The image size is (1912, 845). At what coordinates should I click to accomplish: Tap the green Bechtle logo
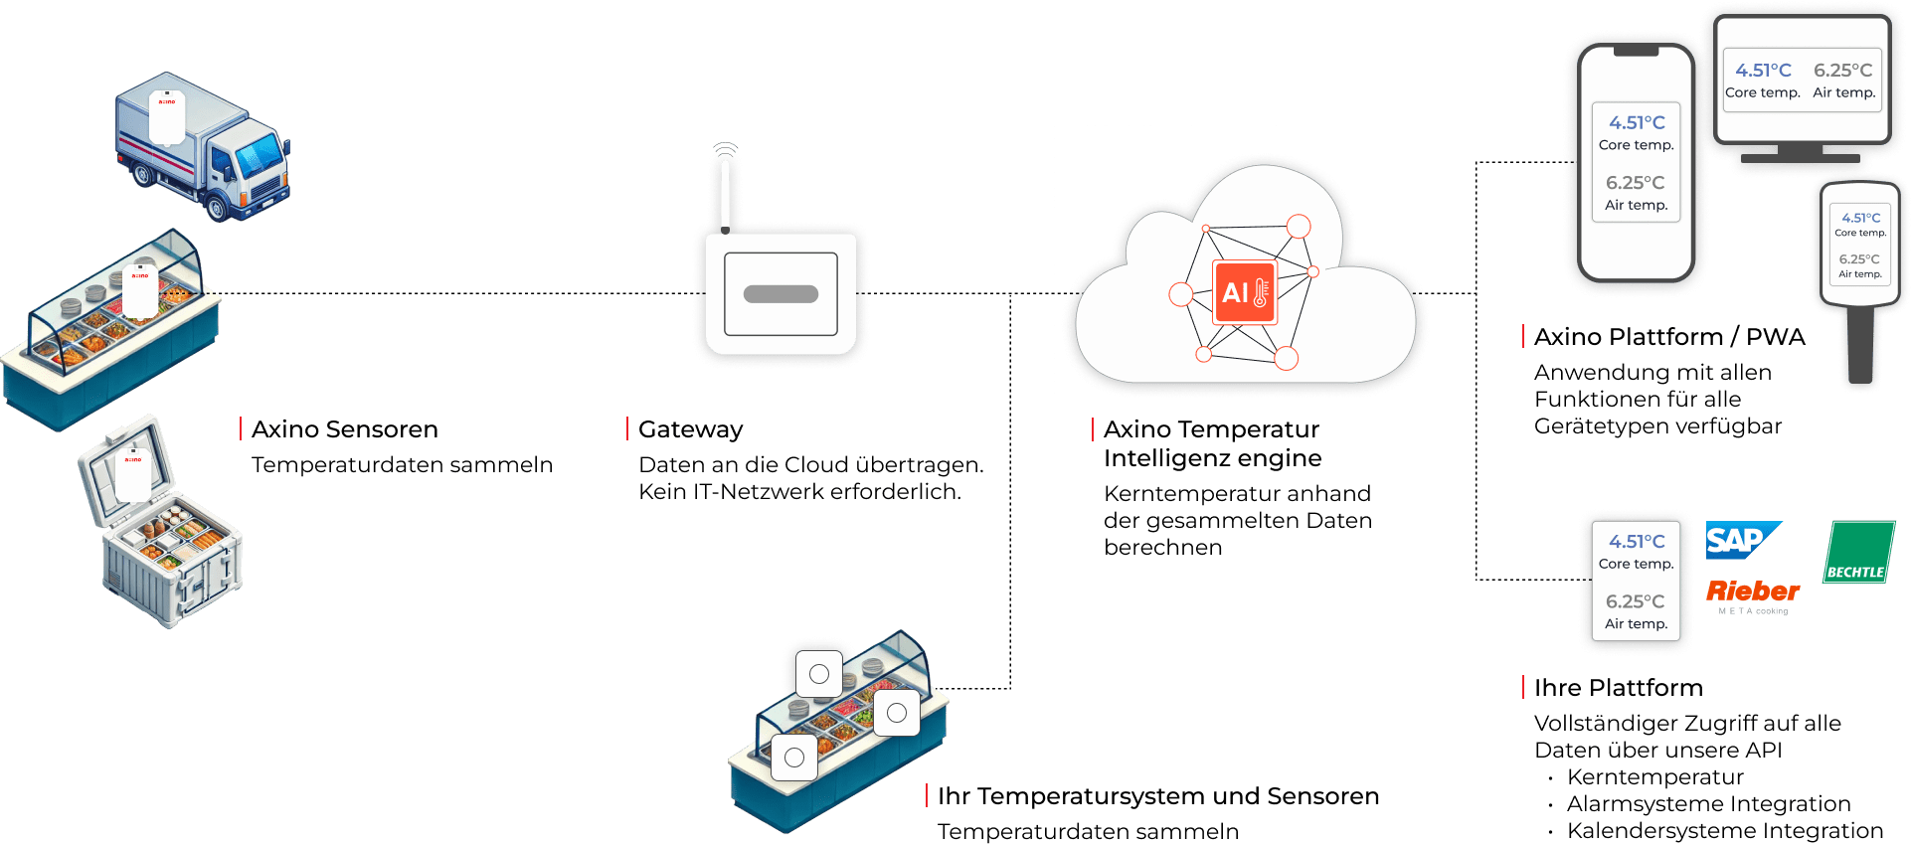[x=1858, y=552]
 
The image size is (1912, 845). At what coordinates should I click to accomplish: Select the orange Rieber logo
[x=1753, y=591]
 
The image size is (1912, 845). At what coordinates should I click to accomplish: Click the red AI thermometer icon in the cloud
[x=1245, y=292]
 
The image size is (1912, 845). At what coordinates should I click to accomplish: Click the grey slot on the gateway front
[x=781, y=294]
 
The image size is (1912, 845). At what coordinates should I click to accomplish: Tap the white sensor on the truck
[x=167, y=117]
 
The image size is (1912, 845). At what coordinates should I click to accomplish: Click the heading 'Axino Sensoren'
[x=345, y=429]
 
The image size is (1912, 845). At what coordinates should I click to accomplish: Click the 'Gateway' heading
[x=691, y=429]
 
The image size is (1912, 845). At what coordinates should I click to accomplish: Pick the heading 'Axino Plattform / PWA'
[x=1669, y=337]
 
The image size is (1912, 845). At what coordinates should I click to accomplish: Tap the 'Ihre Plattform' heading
[x=1618, y=688]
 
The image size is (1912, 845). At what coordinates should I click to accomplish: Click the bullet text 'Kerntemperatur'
[x=1654, y=777]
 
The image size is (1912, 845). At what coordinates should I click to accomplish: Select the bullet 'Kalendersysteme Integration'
[x=1724, y=831]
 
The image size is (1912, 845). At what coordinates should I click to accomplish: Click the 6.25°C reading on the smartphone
[x=1635, y=183]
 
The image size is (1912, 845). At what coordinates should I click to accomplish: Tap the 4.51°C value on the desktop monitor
[x=1763, y=71]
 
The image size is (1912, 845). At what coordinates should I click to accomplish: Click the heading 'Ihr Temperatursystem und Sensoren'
[x=1157, y=796]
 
